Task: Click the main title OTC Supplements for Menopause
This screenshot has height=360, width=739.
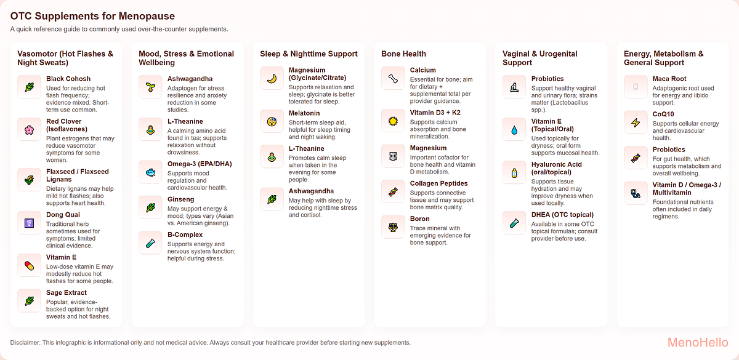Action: [92, 16]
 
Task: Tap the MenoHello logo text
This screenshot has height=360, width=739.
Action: [698, 342]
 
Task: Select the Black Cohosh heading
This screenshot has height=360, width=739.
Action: [68, 79]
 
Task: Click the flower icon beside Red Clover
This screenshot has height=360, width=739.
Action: [29, 130]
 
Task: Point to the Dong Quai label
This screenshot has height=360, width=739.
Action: [63, 215]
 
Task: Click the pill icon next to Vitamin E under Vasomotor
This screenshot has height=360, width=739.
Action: [29, 265]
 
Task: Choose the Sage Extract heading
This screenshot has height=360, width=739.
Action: [67, 292]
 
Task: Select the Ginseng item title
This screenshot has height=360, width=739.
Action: [180, 199]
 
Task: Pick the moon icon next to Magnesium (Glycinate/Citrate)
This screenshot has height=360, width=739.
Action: [272, 78]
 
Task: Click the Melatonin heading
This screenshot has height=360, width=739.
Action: [304, 113]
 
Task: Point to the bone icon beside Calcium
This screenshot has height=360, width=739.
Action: [393, 78]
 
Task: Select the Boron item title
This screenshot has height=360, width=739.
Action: [421, 218]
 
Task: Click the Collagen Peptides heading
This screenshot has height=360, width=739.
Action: [439, 183]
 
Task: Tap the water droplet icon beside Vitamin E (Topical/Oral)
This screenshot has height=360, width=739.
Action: [514, 130]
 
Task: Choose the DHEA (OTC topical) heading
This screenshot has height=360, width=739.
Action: [562, 214]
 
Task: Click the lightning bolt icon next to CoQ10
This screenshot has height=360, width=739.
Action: [636, 122]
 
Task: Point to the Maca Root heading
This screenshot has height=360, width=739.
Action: [669, 79]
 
